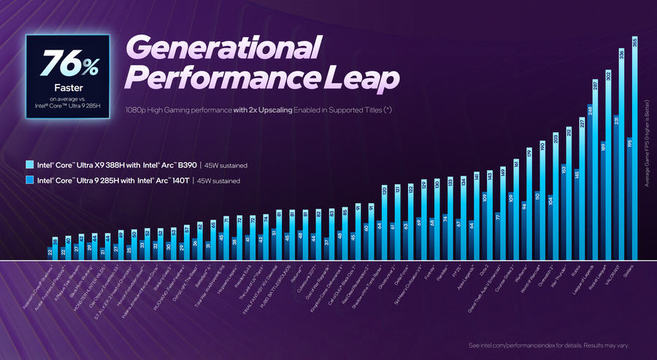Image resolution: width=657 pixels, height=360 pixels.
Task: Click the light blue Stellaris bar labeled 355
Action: coord(634,153)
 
